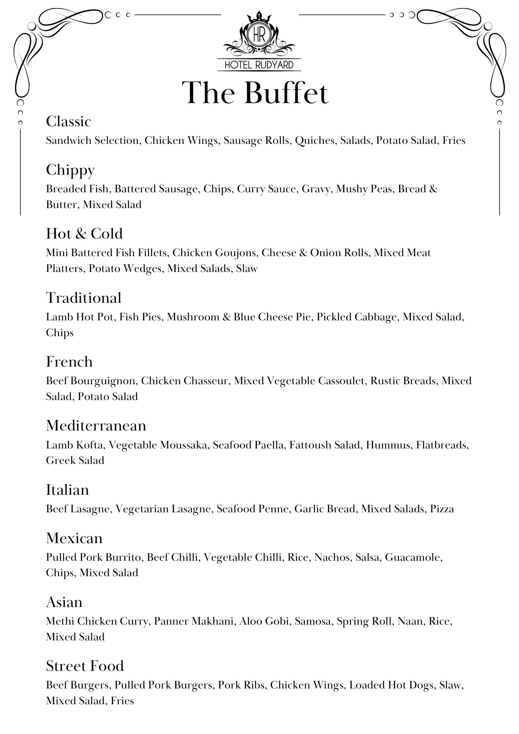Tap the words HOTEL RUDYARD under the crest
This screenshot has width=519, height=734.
tap(259, 65)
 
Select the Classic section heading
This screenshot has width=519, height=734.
tap(69, 121)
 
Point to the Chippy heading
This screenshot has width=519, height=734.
tap(70, 170)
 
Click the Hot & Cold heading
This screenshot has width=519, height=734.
tap(84, 234)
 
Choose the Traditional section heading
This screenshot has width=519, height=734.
tap(84, 298)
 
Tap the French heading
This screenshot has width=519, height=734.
tap(69, 362)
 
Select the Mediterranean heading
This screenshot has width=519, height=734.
tap(96, 426)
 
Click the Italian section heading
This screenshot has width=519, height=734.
tap(67, 490)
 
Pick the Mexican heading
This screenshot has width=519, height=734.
tap(74, 538)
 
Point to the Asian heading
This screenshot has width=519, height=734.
tap(64, 602)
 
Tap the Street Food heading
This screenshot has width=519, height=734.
tap(85, 666)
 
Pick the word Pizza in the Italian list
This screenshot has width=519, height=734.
tap(442, 509)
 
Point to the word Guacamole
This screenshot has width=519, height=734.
tap(413, 557)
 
